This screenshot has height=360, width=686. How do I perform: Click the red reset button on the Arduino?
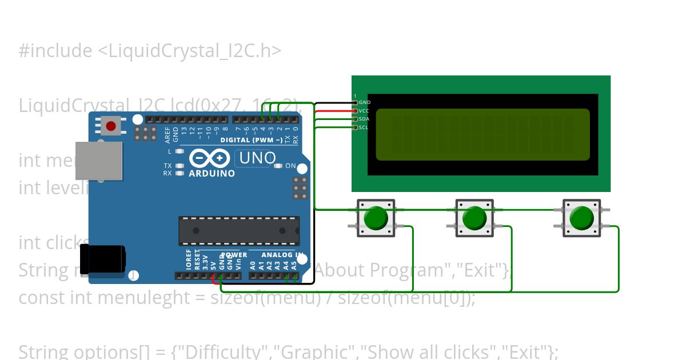(110, 126)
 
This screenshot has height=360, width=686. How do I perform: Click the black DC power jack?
(103, 259)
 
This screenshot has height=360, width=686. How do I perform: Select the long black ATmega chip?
(239, 231)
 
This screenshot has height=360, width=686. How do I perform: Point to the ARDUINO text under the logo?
(212, 173)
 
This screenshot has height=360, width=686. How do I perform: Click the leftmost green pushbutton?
(376, 218)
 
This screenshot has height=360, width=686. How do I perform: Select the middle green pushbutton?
(474, 218)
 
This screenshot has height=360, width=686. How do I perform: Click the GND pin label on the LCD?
(365, 102)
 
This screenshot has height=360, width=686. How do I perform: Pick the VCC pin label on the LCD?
(364, 111)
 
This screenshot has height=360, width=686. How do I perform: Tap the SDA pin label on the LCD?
(364, 119)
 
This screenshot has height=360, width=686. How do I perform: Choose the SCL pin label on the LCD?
(364, 127)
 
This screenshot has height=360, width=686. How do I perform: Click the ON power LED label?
(290, 166)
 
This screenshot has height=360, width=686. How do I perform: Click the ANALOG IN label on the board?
(282, 255)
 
